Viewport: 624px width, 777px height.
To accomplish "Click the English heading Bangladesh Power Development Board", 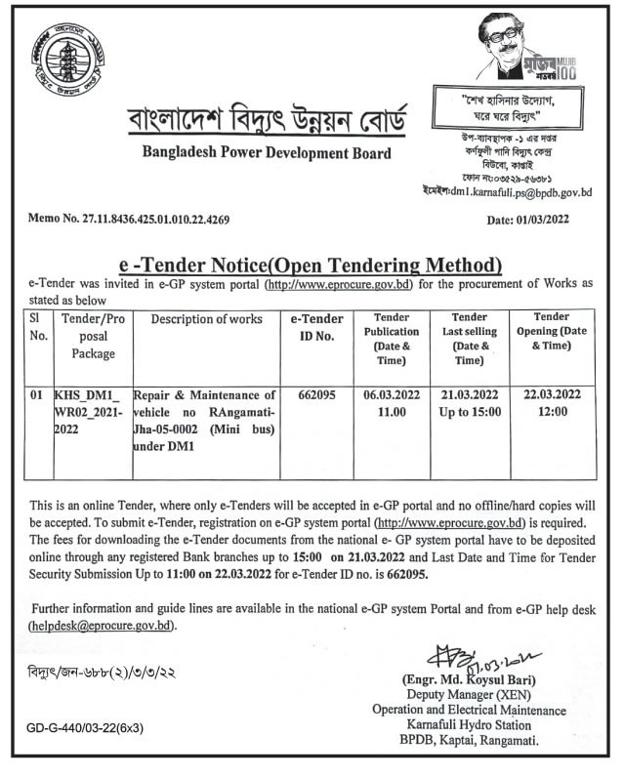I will [267, 153].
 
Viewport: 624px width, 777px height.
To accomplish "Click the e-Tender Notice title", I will [311, 265].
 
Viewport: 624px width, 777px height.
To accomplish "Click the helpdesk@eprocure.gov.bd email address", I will [104, 626].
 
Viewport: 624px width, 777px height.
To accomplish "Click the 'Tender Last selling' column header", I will [471, 339].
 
